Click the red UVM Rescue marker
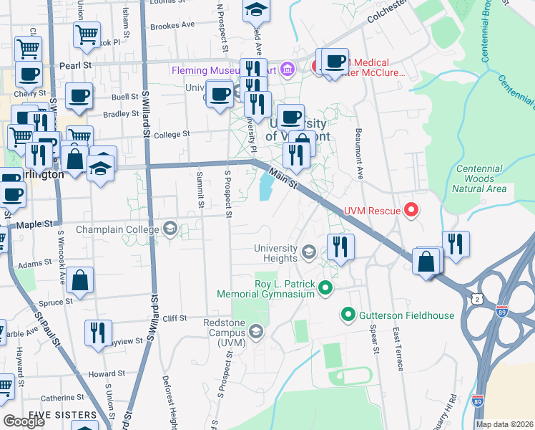coord(411,210)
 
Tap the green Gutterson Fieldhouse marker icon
coord(348,314)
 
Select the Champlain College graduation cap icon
coord(170,229)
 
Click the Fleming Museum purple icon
coord(288,70)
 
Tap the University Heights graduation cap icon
coord(308,252)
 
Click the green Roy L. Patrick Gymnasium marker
coord(326,288)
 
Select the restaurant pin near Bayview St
coord(97,333)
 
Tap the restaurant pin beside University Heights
coord(340,247)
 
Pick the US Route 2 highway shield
coord(477,295)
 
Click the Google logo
coord(24,421)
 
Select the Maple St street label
coord(41,224)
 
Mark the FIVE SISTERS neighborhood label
coord(62,415)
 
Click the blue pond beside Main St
coord(265,188)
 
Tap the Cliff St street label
coord(174,318)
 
